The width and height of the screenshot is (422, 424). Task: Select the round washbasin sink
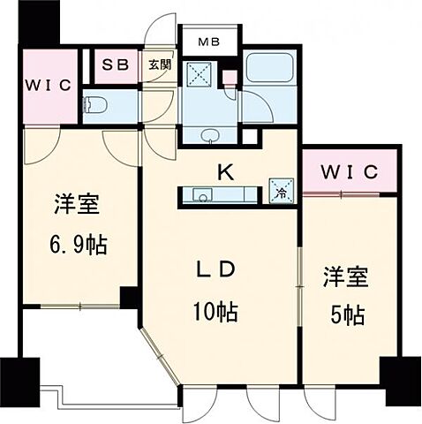[x=211, y=136]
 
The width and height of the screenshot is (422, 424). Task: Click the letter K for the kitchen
[x=225, y=172]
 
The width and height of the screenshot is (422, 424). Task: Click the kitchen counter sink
[x=196, y=196]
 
